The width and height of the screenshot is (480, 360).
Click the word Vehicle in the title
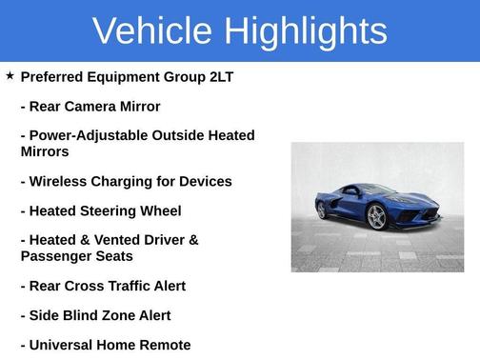point(151,30)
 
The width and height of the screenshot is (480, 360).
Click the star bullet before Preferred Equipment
point(10,75)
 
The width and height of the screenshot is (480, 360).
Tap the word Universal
point(67,345)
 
